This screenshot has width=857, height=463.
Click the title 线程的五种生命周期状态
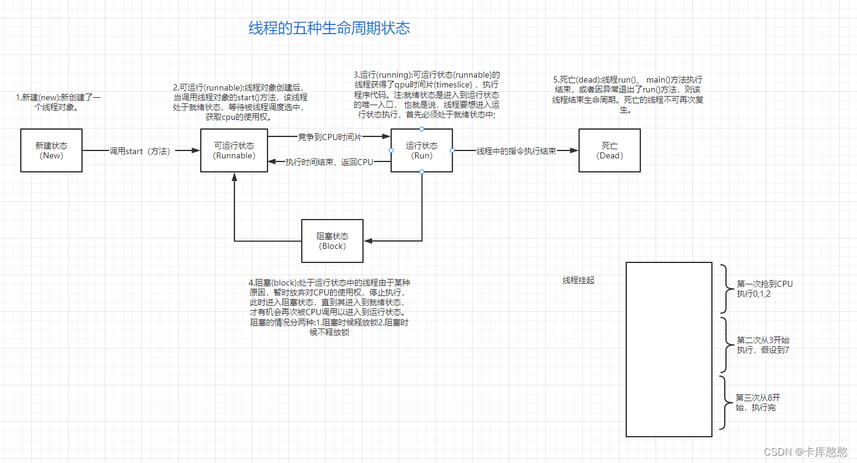click(x=329, y=28)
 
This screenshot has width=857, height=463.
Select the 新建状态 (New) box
click(x=51, y=150)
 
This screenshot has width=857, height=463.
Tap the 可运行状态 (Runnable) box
click(x=234, y=150)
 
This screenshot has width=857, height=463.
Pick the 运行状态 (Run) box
click(x=422, y=150)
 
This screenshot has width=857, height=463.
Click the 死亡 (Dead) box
click(x=610, y=150)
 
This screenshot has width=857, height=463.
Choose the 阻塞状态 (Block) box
click(x=332, y=241)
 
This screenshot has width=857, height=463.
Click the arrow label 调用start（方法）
click(x=140, y=150)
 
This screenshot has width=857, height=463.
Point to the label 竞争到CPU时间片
click(x=329, y=137)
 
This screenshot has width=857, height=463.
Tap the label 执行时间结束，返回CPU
click(x=329, y=162)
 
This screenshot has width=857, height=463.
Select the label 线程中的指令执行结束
click(x=516, y=150)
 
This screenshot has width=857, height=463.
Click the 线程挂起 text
click(x=578, y=281)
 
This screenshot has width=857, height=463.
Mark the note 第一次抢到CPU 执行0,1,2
click(x=764, y=289)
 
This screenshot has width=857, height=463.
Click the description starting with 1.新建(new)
click(x=59, y=103)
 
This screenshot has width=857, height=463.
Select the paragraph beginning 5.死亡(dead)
click(x=627, y=95)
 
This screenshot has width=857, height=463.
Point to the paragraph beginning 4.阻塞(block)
click(x=329, y=308)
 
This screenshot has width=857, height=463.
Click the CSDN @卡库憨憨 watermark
click(x=805, y=452)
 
